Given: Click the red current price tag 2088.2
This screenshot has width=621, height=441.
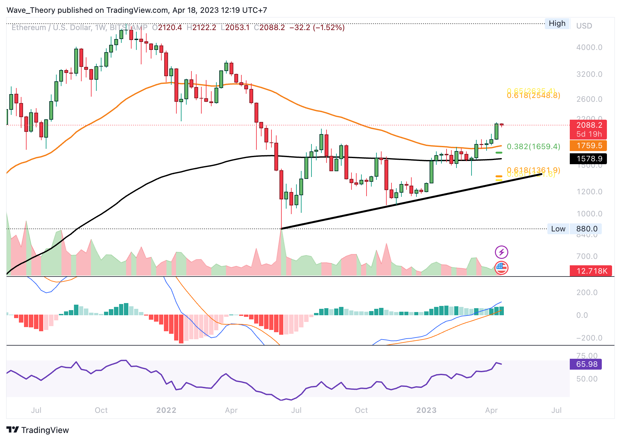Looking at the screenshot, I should click(x=588, y=125).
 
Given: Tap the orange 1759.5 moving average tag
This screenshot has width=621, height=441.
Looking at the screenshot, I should click(x=588, y=146).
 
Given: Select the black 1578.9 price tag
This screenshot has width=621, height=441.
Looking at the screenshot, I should click(x=588, y=159).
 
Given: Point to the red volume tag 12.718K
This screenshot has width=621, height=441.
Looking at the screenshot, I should click(x=591, y=271).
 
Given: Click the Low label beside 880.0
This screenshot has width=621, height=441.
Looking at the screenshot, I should click(x=558, y=229).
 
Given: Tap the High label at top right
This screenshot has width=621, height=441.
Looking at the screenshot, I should click(x=557, y=23).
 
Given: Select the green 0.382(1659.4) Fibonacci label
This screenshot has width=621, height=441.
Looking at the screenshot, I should click(x=533, y=147).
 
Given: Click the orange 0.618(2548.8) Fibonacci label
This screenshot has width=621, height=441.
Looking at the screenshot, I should click(x=533, y=96).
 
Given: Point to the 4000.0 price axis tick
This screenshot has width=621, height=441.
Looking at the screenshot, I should click(x=589, y=47).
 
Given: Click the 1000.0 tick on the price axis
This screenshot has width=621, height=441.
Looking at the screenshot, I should click(x=589, y=214).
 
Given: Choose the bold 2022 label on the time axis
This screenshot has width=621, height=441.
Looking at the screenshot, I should click(x=166, y=410).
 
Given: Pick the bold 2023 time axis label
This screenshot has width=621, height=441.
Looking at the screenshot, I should click(x=426, y=410).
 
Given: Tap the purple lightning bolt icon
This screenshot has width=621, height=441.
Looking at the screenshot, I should click(x=501, y=252).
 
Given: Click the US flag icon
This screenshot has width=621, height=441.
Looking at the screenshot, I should click(x=501, y=268).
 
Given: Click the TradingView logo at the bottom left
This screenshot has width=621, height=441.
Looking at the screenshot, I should click(x=38, y=430).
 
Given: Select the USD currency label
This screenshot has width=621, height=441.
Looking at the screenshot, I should click(x=584, y=26).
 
